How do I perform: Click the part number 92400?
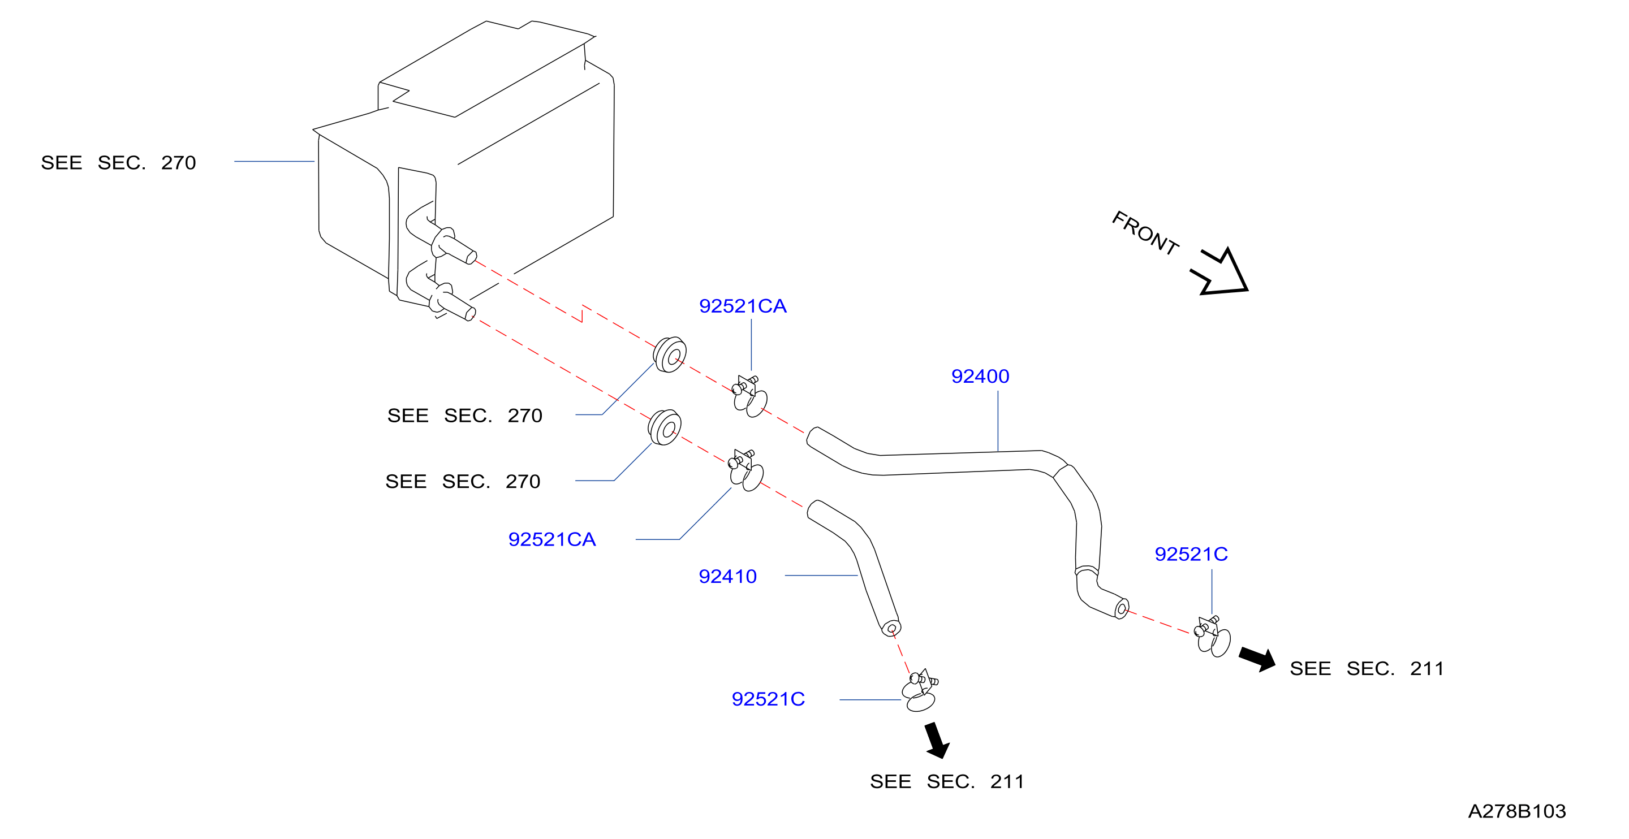pos(980,376)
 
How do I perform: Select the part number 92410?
pos(727,576)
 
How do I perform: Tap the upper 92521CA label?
pos(743,306)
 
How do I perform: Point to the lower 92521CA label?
pos(552,539)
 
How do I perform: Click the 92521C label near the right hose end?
pos(1191,554)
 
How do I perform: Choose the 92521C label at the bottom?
pos(768,699)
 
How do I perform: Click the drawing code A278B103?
pos(1516,811)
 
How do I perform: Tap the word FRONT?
pos(1145,233)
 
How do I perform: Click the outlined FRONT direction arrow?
pos(1219,272)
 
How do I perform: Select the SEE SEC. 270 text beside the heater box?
pos(118,162)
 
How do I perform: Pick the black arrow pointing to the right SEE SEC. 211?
pos(1257,658)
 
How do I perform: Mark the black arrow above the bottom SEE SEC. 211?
pos(937,739)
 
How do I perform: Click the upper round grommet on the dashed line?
pos(670,354)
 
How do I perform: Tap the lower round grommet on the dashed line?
pos(665,427)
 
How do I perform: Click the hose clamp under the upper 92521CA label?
pos(749,396)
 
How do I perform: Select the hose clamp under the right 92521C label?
pos(1212,637)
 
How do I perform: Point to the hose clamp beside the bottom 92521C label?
pos(920,690)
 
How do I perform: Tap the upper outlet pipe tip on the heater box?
pos(471,257)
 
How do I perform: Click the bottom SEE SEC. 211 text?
pos(947,781)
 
